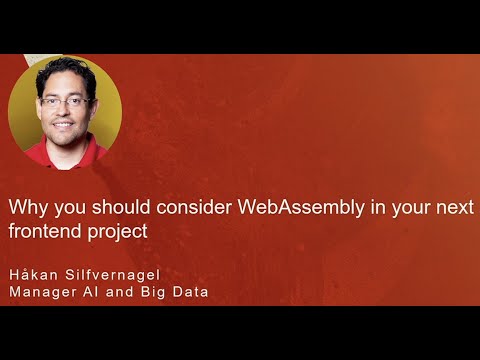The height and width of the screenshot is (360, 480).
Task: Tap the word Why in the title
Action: [x=26, y=208]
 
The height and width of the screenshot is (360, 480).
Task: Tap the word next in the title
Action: [x=456, y=208]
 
